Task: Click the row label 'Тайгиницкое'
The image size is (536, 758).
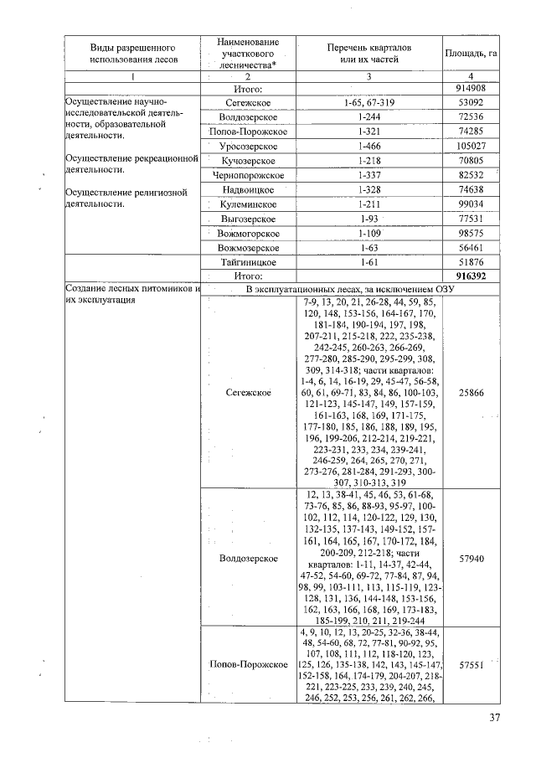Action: click(248, 261)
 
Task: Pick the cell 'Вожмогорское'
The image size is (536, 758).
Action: click(248, 233)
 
